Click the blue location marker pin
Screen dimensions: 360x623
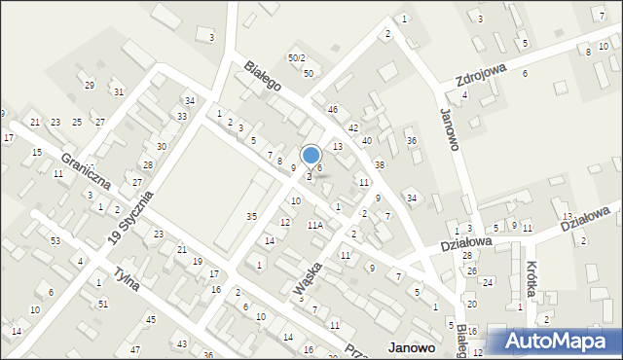point(311,156)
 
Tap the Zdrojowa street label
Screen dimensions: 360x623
point(483,68)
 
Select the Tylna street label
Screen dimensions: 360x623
point(127,283)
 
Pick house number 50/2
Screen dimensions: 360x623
point(296,58)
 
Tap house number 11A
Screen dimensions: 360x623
point(314,225)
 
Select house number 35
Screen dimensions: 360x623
point(251,215)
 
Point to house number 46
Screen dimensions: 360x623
point(332,110)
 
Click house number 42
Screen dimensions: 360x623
point(353,127)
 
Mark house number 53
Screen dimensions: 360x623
point(55,240)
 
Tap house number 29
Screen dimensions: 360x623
point(89,86)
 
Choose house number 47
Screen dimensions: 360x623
point(135,349)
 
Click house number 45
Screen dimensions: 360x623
point(150,319)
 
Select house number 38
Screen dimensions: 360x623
point(380,164)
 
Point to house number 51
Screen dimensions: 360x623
point(103,304)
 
